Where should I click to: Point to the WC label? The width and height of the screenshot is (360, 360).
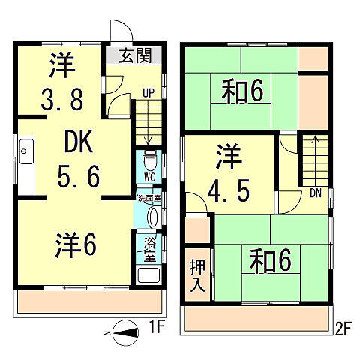point(149,178)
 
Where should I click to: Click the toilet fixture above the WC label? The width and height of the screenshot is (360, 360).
point(149,160)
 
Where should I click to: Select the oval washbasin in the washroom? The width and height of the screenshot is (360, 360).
point(154,217)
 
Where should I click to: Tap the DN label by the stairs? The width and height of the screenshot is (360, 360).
point(315,192)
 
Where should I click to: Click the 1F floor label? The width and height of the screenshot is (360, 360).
point(155,327)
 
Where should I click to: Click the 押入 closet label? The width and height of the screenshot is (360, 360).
point(197,275)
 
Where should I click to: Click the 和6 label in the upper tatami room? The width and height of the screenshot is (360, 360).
point(241,92)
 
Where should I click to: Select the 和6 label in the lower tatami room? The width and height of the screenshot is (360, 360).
point(269,260)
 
